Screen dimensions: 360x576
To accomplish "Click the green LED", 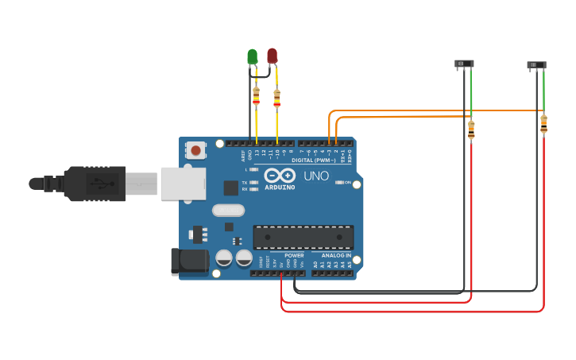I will click(253, 56).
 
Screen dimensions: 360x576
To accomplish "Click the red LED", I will click(273, 56).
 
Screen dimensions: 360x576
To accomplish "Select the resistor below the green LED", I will click(256, 96).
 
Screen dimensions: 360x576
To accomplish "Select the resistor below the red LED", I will click(276, 98).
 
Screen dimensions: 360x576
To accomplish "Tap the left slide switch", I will click(464, 63).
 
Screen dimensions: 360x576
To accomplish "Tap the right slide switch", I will click(537, 64).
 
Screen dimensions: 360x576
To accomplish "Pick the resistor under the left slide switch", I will click(471, 129).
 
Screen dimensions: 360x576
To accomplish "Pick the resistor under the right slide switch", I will click(543, 124).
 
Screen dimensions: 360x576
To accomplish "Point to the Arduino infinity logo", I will click(280, 176).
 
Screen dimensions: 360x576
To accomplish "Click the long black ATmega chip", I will click(303, 237).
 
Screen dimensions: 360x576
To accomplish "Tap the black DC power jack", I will click(189, 262).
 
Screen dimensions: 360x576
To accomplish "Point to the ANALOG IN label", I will click(336, 256).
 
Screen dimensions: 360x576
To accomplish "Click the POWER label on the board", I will click(294, 256).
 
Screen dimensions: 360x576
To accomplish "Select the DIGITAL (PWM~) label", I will click(314, 160).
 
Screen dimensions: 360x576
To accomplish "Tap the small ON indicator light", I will click(339, 183).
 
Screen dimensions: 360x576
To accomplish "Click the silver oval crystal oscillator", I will click(228, 211).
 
